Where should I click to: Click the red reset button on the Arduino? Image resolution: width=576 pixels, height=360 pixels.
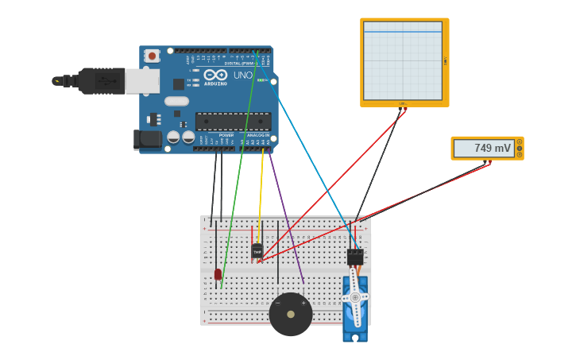click(x=152, y=56)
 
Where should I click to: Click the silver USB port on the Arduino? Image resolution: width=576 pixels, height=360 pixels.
click(x=142, y=80)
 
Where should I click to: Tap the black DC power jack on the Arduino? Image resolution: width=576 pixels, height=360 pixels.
click(x=148, y=139)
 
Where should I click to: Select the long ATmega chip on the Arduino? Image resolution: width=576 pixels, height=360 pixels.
click(x=233, y=122)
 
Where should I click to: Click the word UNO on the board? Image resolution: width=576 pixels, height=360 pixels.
click(x=243, y=75)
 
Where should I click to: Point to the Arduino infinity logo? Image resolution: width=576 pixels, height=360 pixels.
click(x=215, y=75)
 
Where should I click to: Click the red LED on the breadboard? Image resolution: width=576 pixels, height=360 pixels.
click(x=218, y=274)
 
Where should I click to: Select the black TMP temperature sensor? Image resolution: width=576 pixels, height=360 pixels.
click(x=257, y=251)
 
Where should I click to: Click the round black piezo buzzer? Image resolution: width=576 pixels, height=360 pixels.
click(x=290, y=315)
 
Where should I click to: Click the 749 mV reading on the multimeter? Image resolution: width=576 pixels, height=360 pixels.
click(x=493, y=148)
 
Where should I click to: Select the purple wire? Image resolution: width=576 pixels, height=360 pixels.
click(x=288, y=219)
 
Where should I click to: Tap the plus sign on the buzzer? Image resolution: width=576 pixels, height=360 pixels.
click(x=303, y=303)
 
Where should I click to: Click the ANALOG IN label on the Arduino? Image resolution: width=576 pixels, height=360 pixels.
click(x=257, y=135)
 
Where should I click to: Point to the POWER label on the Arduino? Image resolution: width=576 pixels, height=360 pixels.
click(x=226, y=135)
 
